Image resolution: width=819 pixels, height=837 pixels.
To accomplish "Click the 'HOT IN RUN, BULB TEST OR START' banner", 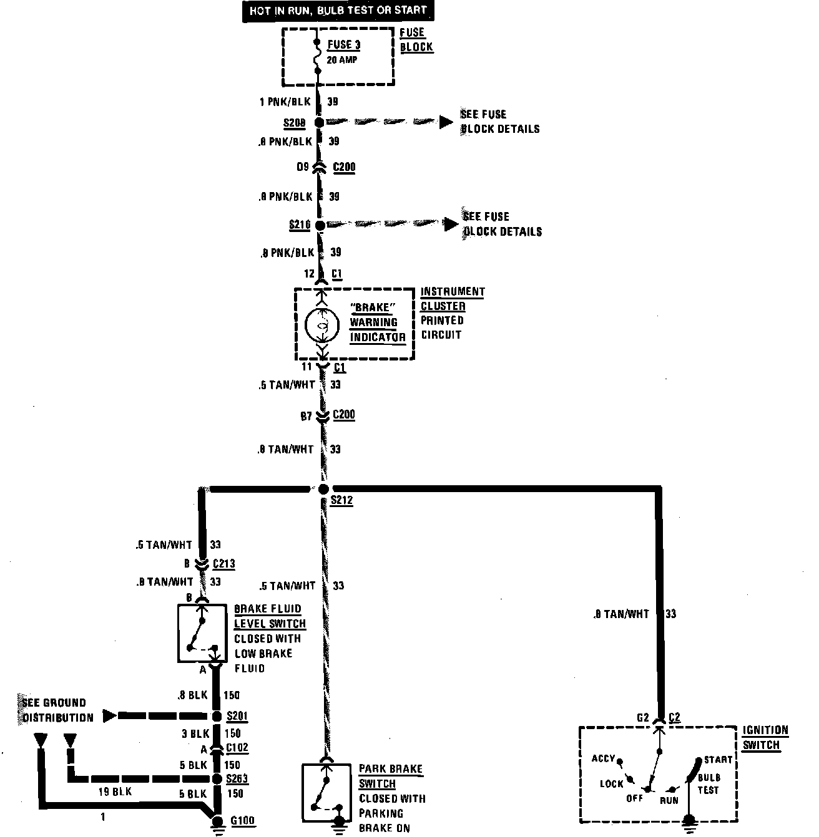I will click(x=338, y=11).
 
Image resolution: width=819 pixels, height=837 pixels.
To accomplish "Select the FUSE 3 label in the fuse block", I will click(x=344, y=45).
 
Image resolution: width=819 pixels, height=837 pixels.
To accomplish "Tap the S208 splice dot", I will click(x=319, y=123).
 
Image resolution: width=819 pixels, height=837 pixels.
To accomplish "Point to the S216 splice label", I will click(x=300, y=225).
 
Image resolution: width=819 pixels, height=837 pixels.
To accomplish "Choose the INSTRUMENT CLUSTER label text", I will click(x=452, y=299).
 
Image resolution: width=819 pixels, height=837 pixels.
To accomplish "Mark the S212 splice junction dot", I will click(x=323, y=490).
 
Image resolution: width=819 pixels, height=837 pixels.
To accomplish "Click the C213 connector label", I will click(x=223, y=564).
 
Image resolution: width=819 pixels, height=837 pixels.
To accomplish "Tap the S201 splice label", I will click(x=238, y=716).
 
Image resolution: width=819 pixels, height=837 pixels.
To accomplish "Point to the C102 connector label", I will click(x=237, y=748).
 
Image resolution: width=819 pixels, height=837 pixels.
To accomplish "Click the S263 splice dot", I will click(x=217, y=779).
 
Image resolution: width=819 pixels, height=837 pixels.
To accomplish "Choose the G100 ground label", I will click(x=242, y=820).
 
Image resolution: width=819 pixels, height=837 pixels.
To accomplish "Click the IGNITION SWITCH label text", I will click(x=765, y=737).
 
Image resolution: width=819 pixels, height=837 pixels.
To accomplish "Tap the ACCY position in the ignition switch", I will click(x=604, y=759).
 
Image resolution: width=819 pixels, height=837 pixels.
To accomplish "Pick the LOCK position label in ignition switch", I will click(x=612, y=784).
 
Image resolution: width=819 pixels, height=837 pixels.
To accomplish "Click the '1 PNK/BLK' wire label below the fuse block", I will click(x=285, y=102).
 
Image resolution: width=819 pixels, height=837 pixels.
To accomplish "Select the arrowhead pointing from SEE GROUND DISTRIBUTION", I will click(x=110, y=716).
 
